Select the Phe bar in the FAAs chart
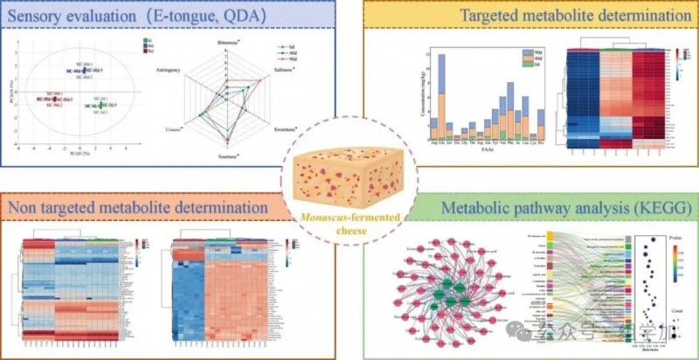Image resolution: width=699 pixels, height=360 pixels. click(509, 109)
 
